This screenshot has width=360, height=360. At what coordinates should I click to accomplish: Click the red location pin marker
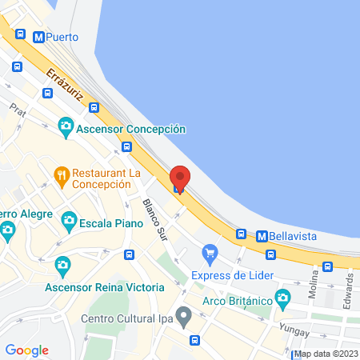(x=180, y=178)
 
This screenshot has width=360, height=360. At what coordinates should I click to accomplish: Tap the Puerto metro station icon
(x=38, y=37)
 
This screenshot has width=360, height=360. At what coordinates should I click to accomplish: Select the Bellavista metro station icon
(x=261, y=236)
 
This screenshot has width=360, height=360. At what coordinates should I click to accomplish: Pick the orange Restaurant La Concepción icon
(x=61, y=174)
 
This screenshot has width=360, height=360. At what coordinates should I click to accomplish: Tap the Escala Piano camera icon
(x=69, y=219)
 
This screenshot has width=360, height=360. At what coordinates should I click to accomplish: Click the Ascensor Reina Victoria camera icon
(x=62, y=265)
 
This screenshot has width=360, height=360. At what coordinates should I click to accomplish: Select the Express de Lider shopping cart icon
(x=210, y=254)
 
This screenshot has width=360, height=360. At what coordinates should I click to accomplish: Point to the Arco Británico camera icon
(x=282, y=299)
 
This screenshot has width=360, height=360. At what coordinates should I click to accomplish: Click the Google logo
(x=26, y=350)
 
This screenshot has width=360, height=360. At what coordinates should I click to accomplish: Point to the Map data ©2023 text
(x=326, y=354)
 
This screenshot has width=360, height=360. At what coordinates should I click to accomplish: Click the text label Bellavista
(x=298, y=236)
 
